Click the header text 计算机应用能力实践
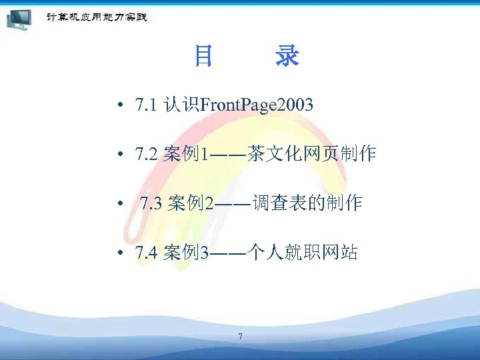pos(96,17)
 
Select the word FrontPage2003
pos(257,105)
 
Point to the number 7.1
pos(145,105)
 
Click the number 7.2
pos(145,155)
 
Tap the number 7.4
pos(145,253)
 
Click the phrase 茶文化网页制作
pos(311,155)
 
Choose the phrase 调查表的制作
pos(307,203)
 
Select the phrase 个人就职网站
pos(302,253)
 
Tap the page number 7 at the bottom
pos(240,336)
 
